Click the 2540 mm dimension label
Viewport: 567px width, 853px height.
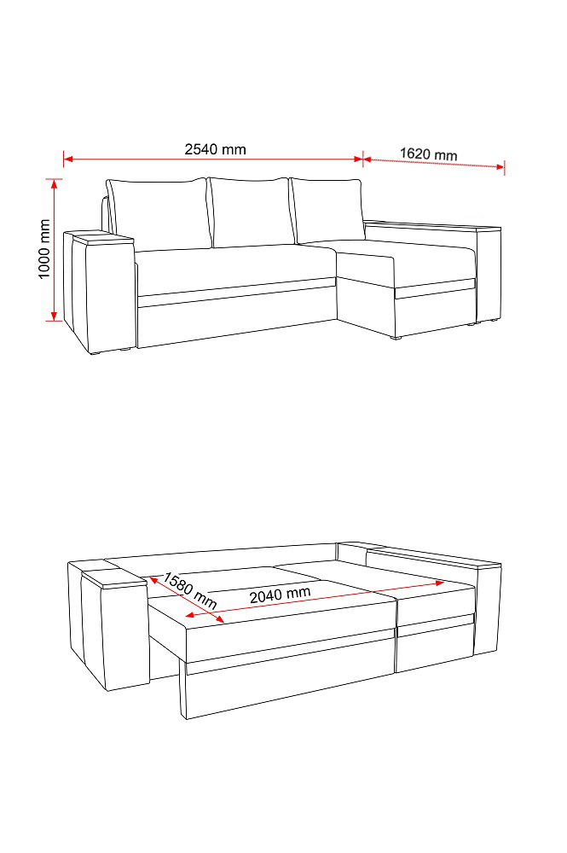pyautogui.click(x=215, y=149)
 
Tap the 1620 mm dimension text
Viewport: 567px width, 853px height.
pyautogui.click(x=428, y=154)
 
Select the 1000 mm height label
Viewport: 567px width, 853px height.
pyautogui.click(x=44, y=249)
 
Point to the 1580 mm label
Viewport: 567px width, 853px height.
pyautogui.click(x=190, y=590)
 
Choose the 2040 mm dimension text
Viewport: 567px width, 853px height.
pyautogui.click(x=280, y=595)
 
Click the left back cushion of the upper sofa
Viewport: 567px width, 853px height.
pyautogui.click(x=158, y=214)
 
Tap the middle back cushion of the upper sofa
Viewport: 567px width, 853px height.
pyautogui.click(x=250, y=212)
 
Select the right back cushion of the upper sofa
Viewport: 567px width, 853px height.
pyautogui.click(x=328, y=211)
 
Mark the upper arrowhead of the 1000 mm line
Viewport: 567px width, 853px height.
pyautogui.click(x=54, y=183)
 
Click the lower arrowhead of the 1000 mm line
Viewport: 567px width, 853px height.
pyautogui.click(x=54, y=316)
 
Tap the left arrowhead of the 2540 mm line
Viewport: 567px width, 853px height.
pyautogui.click(x=68, y=160)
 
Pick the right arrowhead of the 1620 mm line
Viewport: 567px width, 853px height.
pyautogui.click(x=500, y=166)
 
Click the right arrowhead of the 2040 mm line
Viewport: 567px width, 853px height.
pyautogui.click(x=440, y=583)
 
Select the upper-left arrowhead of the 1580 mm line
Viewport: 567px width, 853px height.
pyautogui.click(x=153, y=580)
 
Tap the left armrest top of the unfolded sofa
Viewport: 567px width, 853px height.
pyautogui.click(x=115, y=577)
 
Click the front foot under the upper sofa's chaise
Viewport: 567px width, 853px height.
pyautogui.click(x=396, y=339)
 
